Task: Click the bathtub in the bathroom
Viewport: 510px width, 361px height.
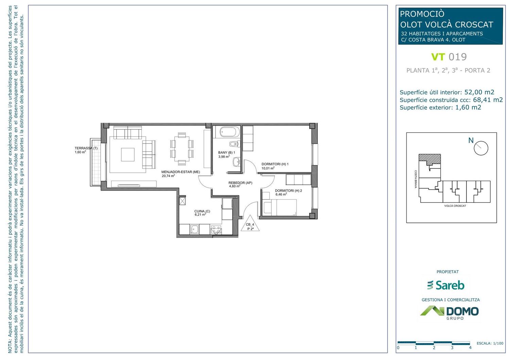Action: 229,132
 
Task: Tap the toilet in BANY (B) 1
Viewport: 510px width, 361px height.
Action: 235,144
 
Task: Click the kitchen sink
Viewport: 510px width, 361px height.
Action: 194,229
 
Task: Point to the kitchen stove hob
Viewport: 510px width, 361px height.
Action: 216,230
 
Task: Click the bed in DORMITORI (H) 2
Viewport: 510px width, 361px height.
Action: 280,208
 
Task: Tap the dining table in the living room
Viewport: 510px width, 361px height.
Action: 182,148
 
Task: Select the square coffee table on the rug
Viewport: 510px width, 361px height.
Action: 128,154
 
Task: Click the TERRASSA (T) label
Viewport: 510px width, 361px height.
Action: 86,148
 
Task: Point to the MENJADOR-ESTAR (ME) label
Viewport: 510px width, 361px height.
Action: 181,172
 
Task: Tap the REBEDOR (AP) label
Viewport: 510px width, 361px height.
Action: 240,183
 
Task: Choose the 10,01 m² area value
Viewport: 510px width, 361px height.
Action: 268,168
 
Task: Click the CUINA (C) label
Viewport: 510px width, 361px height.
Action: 202,211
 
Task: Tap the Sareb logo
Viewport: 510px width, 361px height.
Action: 445,285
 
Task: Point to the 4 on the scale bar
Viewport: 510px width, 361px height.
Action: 470,348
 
